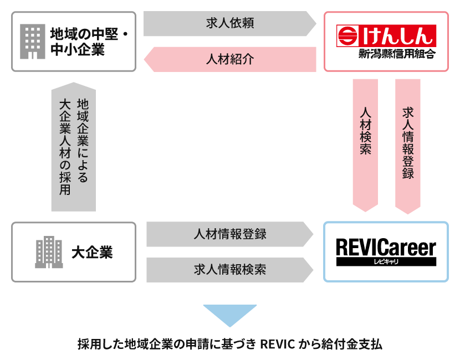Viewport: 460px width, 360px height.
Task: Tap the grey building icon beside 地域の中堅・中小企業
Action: click(x=32, y=42)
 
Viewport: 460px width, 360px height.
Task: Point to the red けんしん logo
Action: click(x=386, y=35)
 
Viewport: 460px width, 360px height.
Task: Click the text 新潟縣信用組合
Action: click(x=397, y=54)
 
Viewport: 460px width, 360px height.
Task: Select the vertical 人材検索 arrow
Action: click(x=365, y=144)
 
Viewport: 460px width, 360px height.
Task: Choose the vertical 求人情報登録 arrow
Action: click(x=408, y=144)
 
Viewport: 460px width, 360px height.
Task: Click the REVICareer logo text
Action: click(x=386, y=247)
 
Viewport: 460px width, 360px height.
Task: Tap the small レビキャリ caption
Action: click(x=386, y=261)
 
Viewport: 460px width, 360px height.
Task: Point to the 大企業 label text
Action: click(x=92, y=253)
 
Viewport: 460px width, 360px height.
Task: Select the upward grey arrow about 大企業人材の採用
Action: click(x=74, y=147)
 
